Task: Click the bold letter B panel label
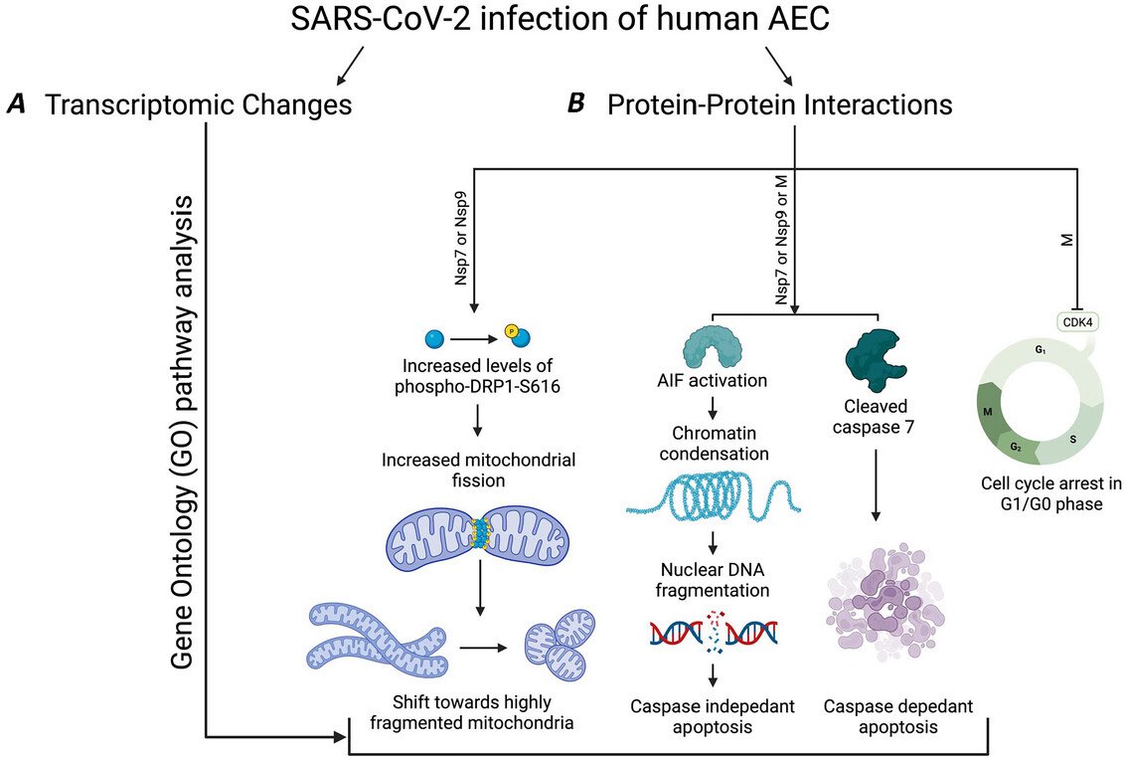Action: coord(574,104)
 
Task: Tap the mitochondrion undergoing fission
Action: coord(481,533)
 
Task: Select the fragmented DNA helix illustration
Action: coord(714,633)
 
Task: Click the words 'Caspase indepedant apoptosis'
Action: coord(713,716)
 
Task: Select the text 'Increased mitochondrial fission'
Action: coord(480,472)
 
